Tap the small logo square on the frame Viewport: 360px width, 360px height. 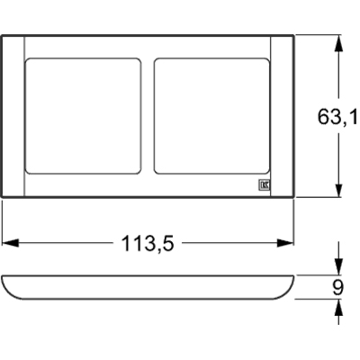[265, 186]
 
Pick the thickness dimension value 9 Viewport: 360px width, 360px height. [337, 287]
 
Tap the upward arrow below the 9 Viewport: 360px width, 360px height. [337, 309]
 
